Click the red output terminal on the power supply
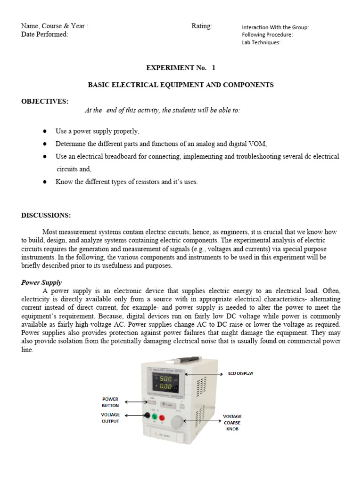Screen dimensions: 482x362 coord(162,418)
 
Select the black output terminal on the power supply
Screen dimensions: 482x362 coord(147,416)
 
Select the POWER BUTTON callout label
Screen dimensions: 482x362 coord(110,402)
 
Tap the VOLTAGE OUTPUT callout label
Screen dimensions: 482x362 coord(110,418)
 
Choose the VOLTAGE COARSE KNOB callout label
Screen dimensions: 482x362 coord(232,422)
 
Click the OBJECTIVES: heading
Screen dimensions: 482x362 coord(45,101)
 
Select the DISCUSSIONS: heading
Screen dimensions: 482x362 coord(46,216)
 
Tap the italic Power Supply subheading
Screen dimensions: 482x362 coord(41,283)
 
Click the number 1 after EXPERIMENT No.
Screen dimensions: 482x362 coord(214,68)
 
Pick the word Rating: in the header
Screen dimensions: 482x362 coord(202,26)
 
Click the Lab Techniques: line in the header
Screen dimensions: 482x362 coord(261,42)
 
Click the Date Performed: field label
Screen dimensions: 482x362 coord(45,34)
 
